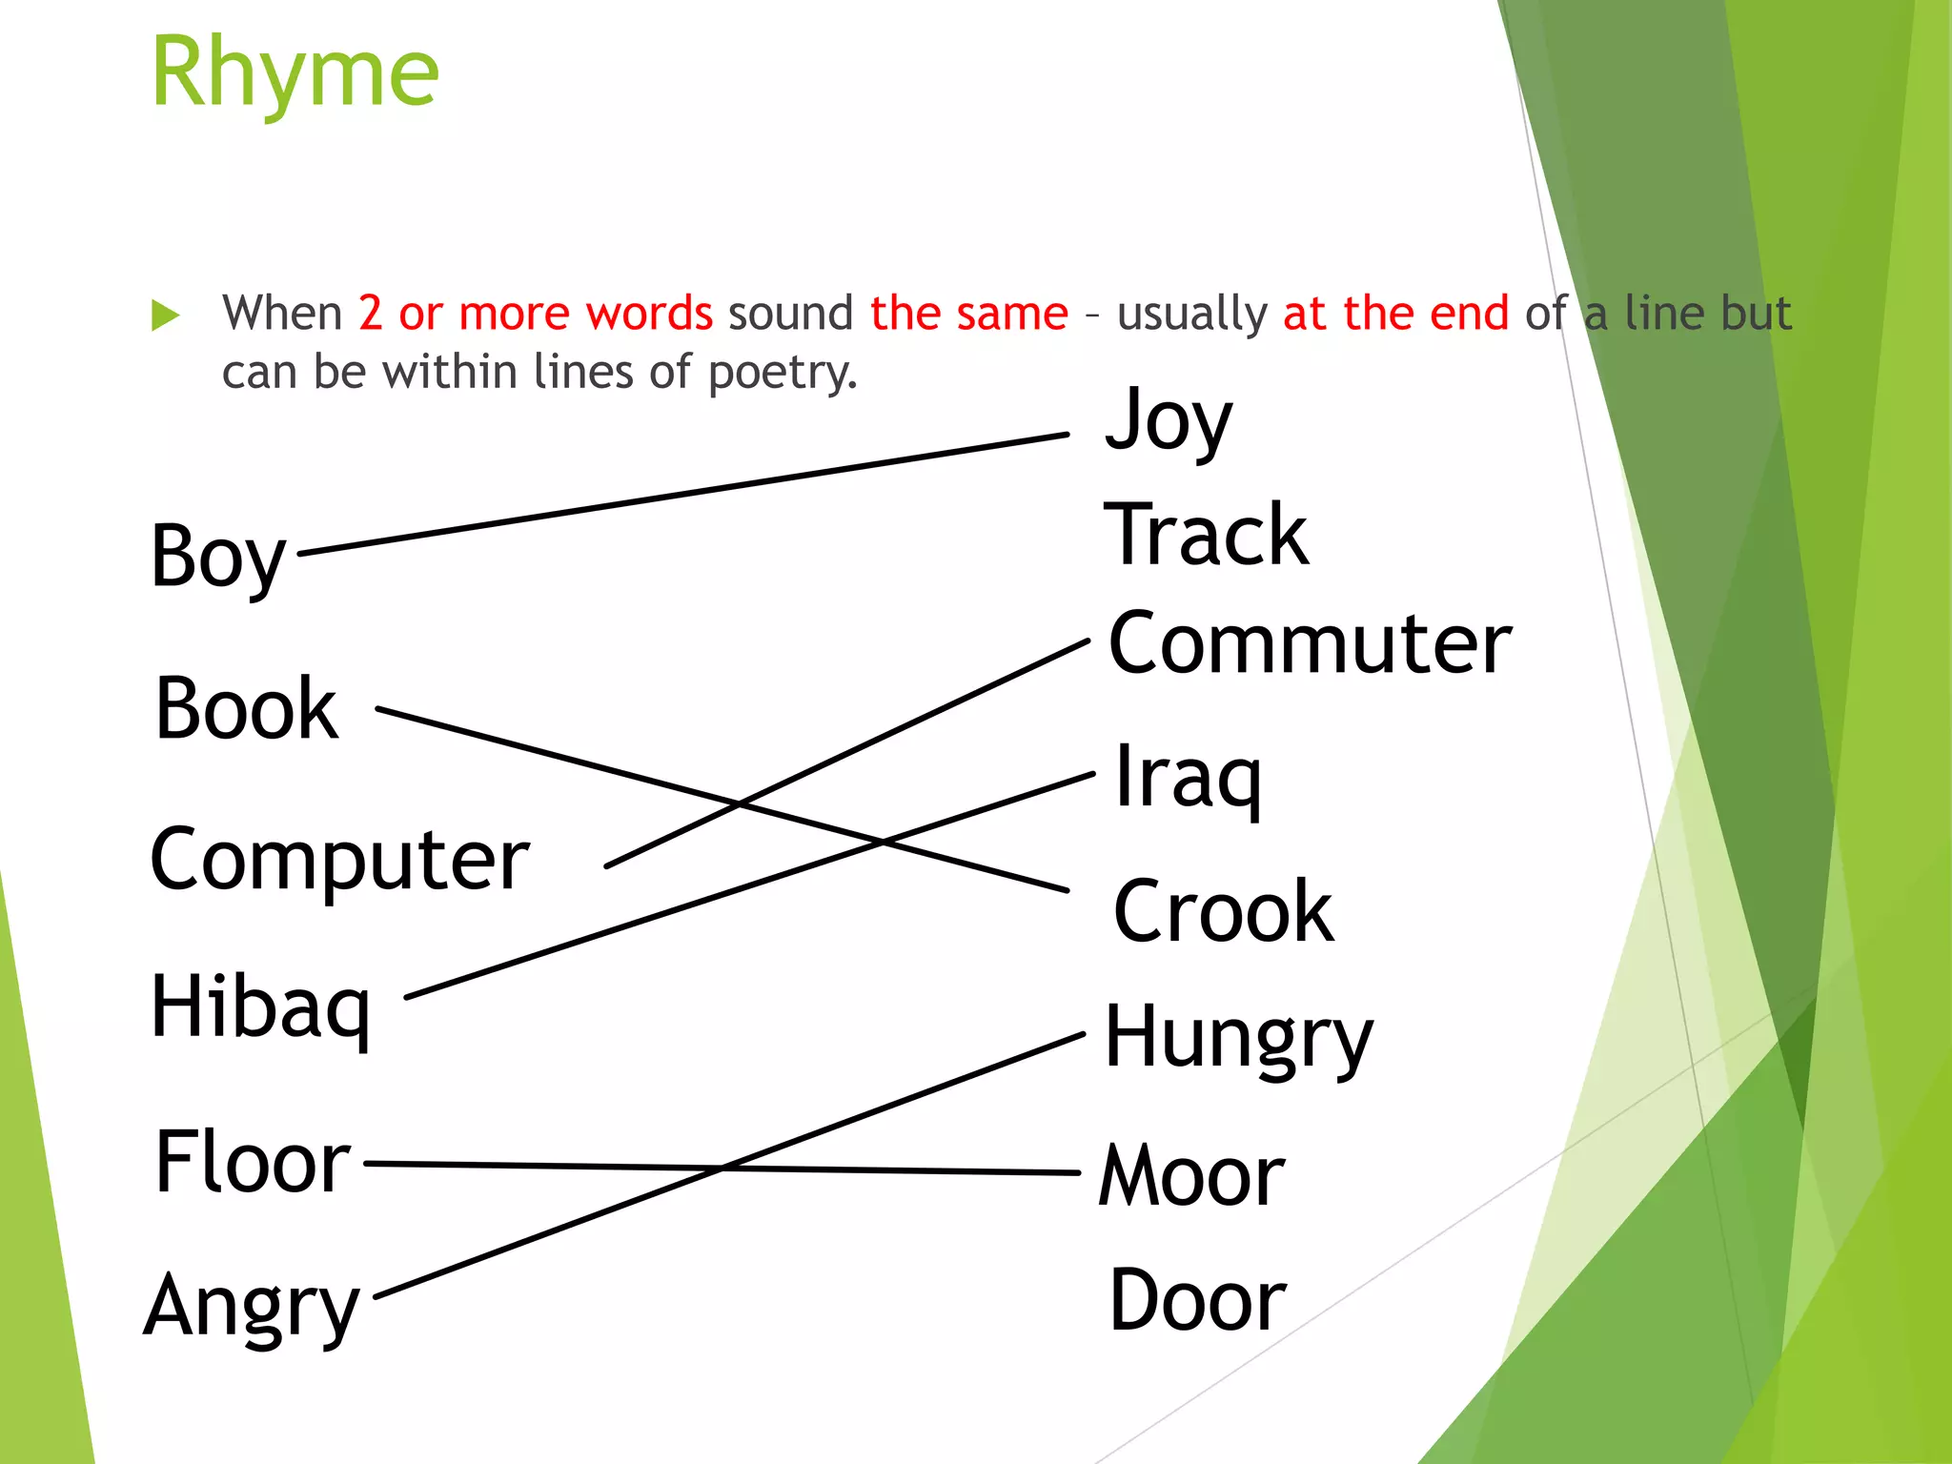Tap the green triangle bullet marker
click(166, 315)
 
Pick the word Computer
click(339, 859)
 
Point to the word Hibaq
click(260, 1007)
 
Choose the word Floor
click(253, 1162)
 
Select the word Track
click(1206, 535)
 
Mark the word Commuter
click(1310, 644)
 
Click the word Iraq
click(1188, 777)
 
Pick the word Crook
click(1224, 912)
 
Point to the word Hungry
click(1238, 1038)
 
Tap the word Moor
click(1192, 1175)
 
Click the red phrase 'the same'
click(968, 314)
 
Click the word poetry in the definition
click(782, 373)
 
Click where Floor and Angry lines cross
click(722, 1167)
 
